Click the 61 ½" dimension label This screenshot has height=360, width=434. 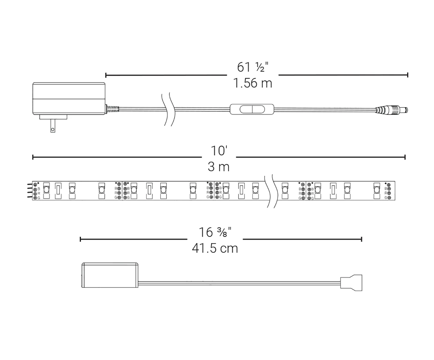point(252,67)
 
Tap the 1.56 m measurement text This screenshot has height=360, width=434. point(252,83)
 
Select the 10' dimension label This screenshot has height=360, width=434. point(219,151)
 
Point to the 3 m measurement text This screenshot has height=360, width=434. point(219,167)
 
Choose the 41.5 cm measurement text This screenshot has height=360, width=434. point(215,248)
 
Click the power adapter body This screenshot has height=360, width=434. point(69,98)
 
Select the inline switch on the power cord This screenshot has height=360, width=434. point(252,109)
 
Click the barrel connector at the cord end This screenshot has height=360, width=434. point(391,110)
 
